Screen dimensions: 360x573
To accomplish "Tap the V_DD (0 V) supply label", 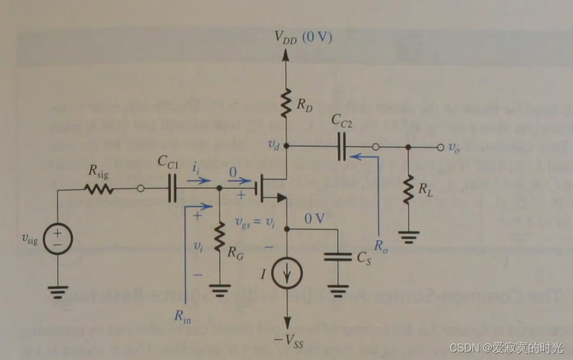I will [x=303, y=38].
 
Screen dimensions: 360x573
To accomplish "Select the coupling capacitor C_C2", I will [x=341, y=146].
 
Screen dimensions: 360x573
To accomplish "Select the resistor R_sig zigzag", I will [x=99, y=189].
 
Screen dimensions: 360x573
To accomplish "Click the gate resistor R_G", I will [x=219, y=235].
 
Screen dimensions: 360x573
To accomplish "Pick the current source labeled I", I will [x=287, y=273].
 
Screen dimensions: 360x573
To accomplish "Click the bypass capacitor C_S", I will [x=337, y=257].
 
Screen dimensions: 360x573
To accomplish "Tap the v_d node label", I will [x=273, y=145].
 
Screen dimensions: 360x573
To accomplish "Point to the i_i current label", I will [x=196, y=168].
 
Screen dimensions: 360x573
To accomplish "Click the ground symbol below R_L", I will [x=408, y=239].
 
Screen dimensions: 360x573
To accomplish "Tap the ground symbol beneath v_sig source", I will [x=59, y=291].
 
